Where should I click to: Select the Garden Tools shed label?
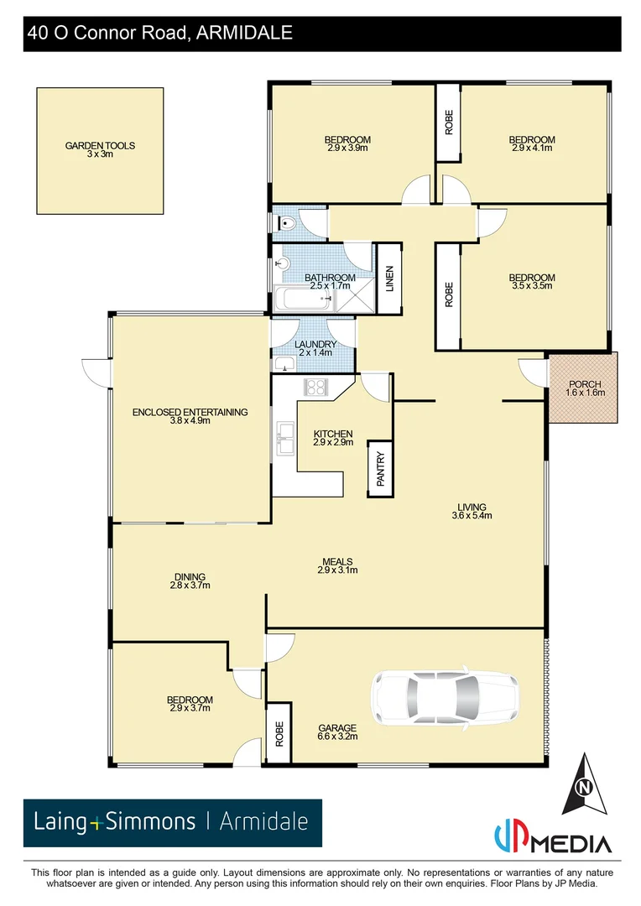tap(100, 149)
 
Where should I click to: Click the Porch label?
tap(585, 388)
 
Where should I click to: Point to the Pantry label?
tap(380, 468)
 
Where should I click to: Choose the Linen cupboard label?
tap(388, 278)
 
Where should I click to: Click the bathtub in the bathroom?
tap(301, 298)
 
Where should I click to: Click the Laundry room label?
tap(315, 348)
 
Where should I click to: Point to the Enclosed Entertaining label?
tap(190, 415)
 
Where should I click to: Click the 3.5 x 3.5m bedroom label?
tap(532, 282)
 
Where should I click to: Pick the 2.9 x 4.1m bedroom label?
tap(532, 143)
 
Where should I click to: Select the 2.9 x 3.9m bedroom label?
tap(347, 143)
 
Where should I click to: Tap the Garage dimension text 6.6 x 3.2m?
tap(337, 737)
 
